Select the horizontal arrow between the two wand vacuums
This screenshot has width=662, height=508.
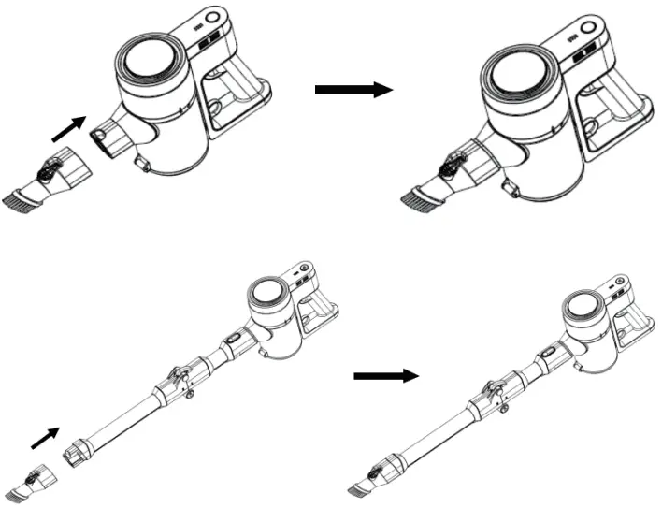click(384, 376)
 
